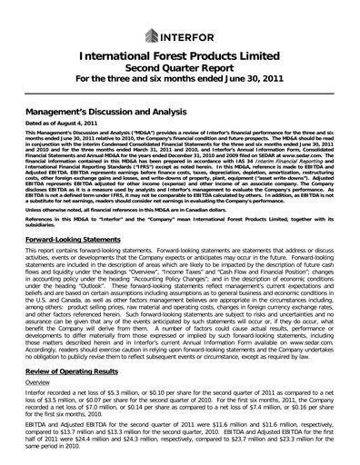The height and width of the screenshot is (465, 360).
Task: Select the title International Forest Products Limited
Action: pos(179,60)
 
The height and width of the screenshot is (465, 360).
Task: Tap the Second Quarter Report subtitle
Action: pos(179,75)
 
